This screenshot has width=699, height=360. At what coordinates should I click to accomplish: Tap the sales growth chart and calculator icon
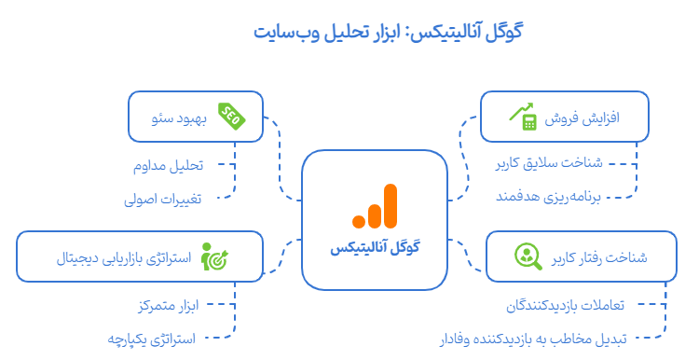click(523, 116)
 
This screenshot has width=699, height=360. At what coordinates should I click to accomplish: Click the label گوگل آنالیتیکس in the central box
click(376, 247)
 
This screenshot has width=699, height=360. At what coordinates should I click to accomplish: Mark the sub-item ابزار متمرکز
click(167, 304)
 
